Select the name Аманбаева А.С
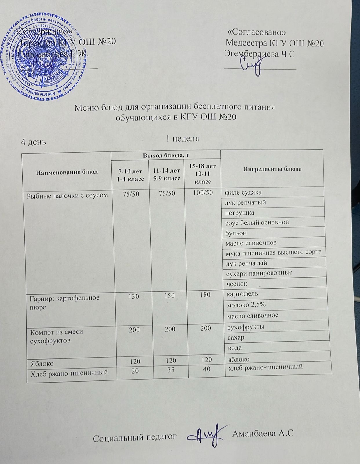(x=263, y=433)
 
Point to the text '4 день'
(x=34, y=142)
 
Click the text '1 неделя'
(x=182, y=138)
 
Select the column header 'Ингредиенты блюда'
(x=272, y=169)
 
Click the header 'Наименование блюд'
(x=67, y=172)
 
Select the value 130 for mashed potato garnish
(x=133, y=296)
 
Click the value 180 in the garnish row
(x=205, y=295)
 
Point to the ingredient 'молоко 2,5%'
(x=246, y=304)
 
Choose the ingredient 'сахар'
(x=236, y=338)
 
